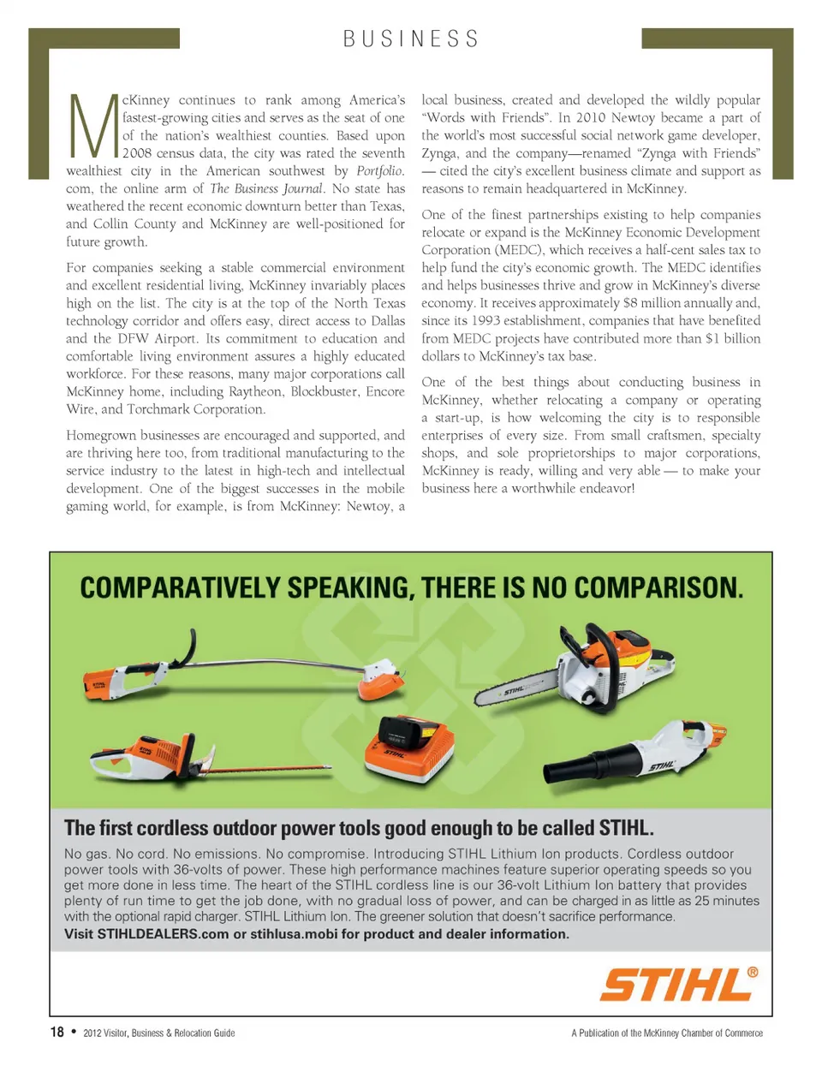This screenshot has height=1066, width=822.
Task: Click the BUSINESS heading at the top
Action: [411, 39]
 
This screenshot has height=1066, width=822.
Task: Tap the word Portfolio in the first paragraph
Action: [379, 171]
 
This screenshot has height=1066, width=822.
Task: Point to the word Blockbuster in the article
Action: [322, 392]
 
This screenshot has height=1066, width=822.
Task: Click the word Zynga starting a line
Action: [439, 153]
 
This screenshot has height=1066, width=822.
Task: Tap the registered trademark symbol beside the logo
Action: [753, 973]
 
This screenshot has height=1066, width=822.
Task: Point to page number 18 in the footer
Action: [57, 1032]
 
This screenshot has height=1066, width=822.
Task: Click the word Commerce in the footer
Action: [743, 1033]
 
